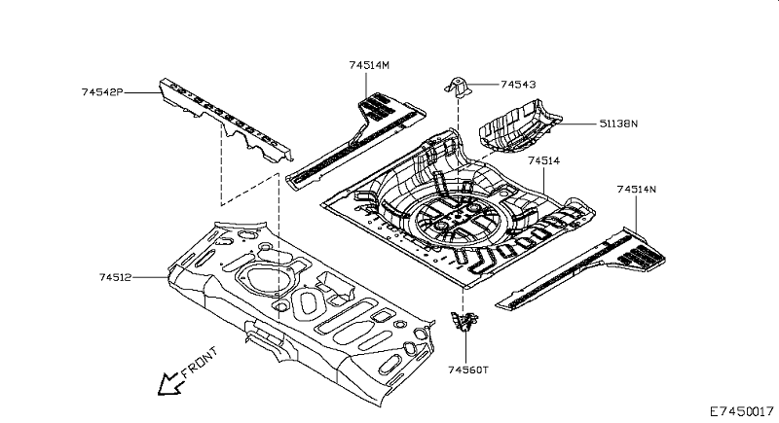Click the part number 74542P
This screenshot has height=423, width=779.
click(x=102, y=92)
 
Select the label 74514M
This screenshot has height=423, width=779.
click(x=369, y=65)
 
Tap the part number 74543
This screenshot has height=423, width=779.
click(x=518, y=85)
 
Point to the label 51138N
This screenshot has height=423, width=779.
click(x=618, y=123)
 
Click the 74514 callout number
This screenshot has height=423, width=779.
click(x=543, y=161)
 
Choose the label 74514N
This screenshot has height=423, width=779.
click(x=637, y=190)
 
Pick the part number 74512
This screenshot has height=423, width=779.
click(x=115, y=278)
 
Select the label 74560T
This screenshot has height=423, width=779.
click(x=468, y=370)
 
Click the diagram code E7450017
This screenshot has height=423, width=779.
click(x=741, y=411)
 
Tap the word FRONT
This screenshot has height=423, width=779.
click(x=200, y=362)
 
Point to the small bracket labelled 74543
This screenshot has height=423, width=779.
click(x=458, y=88)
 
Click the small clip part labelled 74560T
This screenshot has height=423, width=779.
click(x=464, y=321)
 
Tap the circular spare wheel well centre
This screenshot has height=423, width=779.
click(x=456, y=218)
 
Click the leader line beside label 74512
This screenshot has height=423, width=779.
click(x=151, y=278)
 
